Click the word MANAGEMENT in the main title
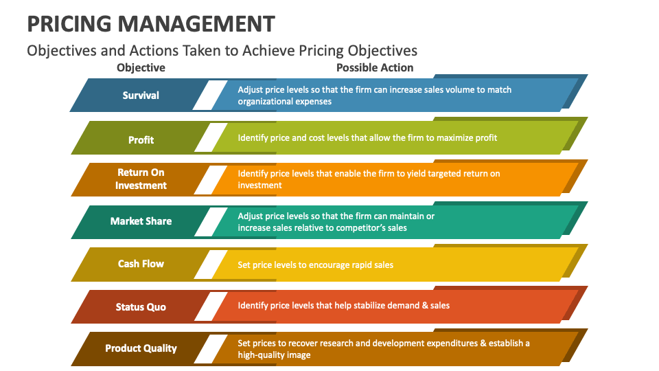196,23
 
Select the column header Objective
141,67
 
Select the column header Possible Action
375,67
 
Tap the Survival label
141,95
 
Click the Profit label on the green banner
141,139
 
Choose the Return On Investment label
141,179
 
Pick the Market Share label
141,221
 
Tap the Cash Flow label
141,264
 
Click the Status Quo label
141,306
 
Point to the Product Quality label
141,348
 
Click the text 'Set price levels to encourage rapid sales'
315,265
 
